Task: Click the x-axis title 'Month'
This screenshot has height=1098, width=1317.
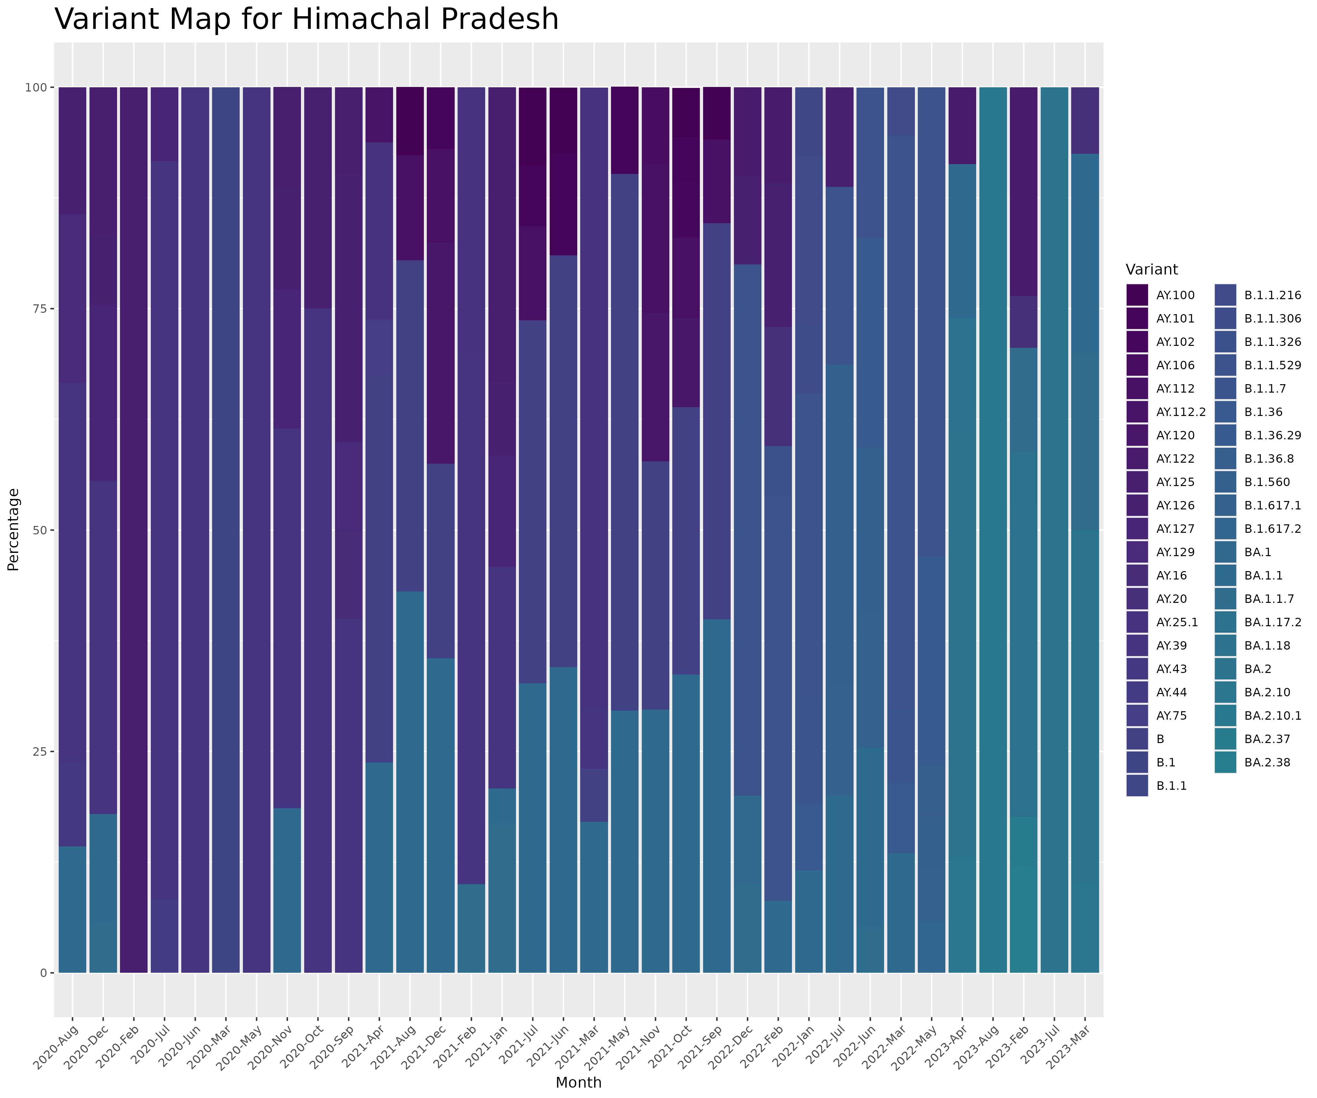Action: coord(578,1082)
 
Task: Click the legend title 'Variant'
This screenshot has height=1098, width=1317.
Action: coord(1151,270)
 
